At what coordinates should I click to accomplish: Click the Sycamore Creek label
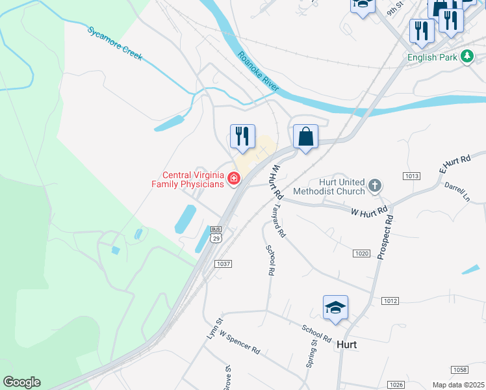(x=114, y=44)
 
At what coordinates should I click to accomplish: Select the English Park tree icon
(x=467, y=57)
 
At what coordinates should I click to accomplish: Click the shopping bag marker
(x=305, y=137)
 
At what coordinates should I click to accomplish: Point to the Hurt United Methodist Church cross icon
(x=374, y=187)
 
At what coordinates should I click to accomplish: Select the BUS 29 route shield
(x=216, y=235)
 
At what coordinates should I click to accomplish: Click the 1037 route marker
(x=223, y=264)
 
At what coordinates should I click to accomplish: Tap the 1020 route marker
(x=362, y=252)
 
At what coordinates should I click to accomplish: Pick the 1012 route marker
(x=390, y=300)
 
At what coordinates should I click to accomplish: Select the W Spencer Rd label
(x=240, y=342)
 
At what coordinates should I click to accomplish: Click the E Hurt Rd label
(x=454, y=163)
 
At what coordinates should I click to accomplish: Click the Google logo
(x=21, y=382)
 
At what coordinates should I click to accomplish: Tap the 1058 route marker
(x=459, y=369)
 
